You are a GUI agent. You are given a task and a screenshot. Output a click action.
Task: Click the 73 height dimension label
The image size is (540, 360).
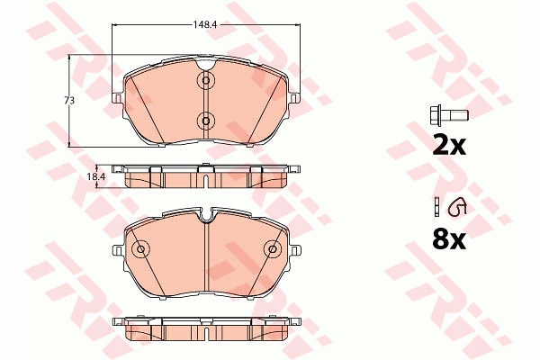[69, 101]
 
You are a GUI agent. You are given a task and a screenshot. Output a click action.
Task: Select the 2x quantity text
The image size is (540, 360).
[449, 146]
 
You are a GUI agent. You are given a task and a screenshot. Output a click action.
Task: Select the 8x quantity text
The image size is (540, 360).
[449, 239]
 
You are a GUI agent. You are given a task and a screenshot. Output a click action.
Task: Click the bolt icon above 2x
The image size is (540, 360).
[449, 116]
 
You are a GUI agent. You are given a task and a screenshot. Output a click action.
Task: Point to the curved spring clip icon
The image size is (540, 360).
[456, 208]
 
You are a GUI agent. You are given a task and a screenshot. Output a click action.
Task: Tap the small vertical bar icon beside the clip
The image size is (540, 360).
[436, 207]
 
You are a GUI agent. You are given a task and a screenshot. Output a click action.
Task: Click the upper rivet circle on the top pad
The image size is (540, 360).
[205, 81]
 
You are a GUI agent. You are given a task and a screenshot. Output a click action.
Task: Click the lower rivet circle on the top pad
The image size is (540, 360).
[205, 121]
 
